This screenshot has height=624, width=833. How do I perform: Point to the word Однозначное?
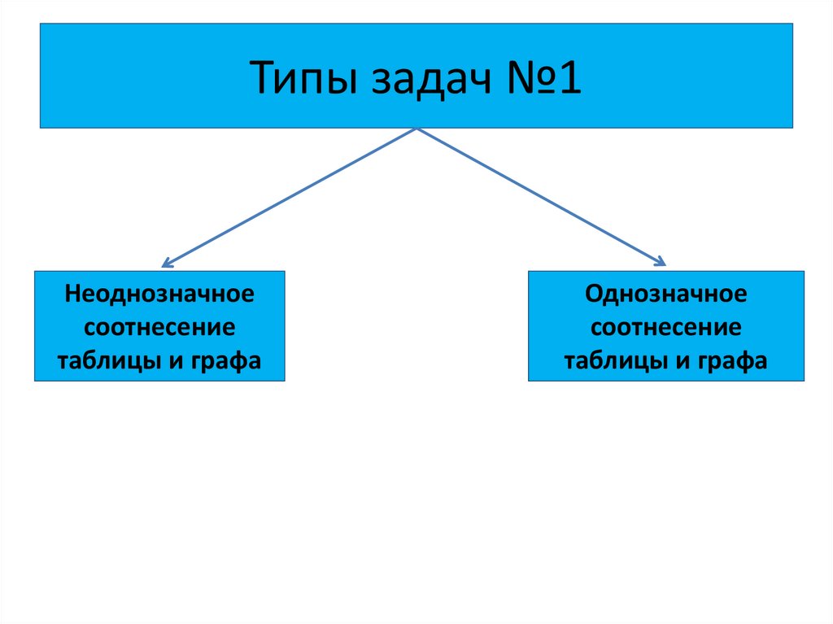665,294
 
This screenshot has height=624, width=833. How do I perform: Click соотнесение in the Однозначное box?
665,328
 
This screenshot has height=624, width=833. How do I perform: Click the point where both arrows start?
416,129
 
